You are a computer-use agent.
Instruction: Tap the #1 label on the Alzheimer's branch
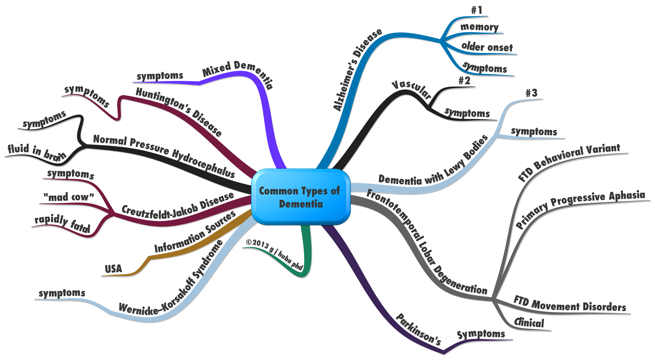click(x=476, y=10)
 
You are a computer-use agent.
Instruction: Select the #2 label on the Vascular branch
click(x=464, y=81)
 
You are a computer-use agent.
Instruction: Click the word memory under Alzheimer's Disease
click(x=479, y=27)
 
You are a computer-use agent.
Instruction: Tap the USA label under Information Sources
click(x=113, y=268)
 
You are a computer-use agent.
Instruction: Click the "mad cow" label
click(x=69, y=197)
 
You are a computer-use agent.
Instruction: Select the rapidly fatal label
click(x=63, y=224)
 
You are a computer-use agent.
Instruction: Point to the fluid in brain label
click(x=37, y=152)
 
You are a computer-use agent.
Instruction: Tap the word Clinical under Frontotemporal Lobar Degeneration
click(x=529, y=323)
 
